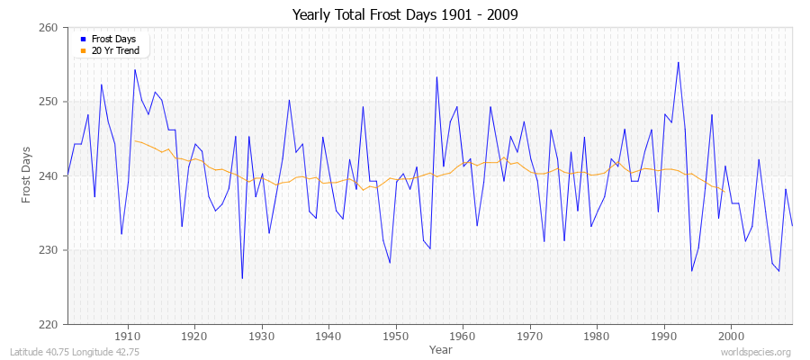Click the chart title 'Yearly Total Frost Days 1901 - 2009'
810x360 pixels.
[405, 14]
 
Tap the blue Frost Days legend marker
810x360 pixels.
[82, 40]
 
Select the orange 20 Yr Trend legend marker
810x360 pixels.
[82, 50]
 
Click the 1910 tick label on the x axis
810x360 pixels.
[128, 337]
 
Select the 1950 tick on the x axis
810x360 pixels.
[395, 337]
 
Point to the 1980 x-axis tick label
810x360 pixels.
[596, 337]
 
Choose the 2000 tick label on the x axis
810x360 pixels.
[730, 337]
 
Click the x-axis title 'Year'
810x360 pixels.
[441, 349]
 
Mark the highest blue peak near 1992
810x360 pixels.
[678, 62]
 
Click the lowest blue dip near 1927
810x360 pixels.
[242, 278]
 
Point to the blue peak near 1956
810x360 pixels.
[436, 76]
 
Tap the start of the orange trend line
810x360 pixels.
[135, 140]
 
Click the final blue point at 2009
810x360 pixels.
[792, 225]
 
